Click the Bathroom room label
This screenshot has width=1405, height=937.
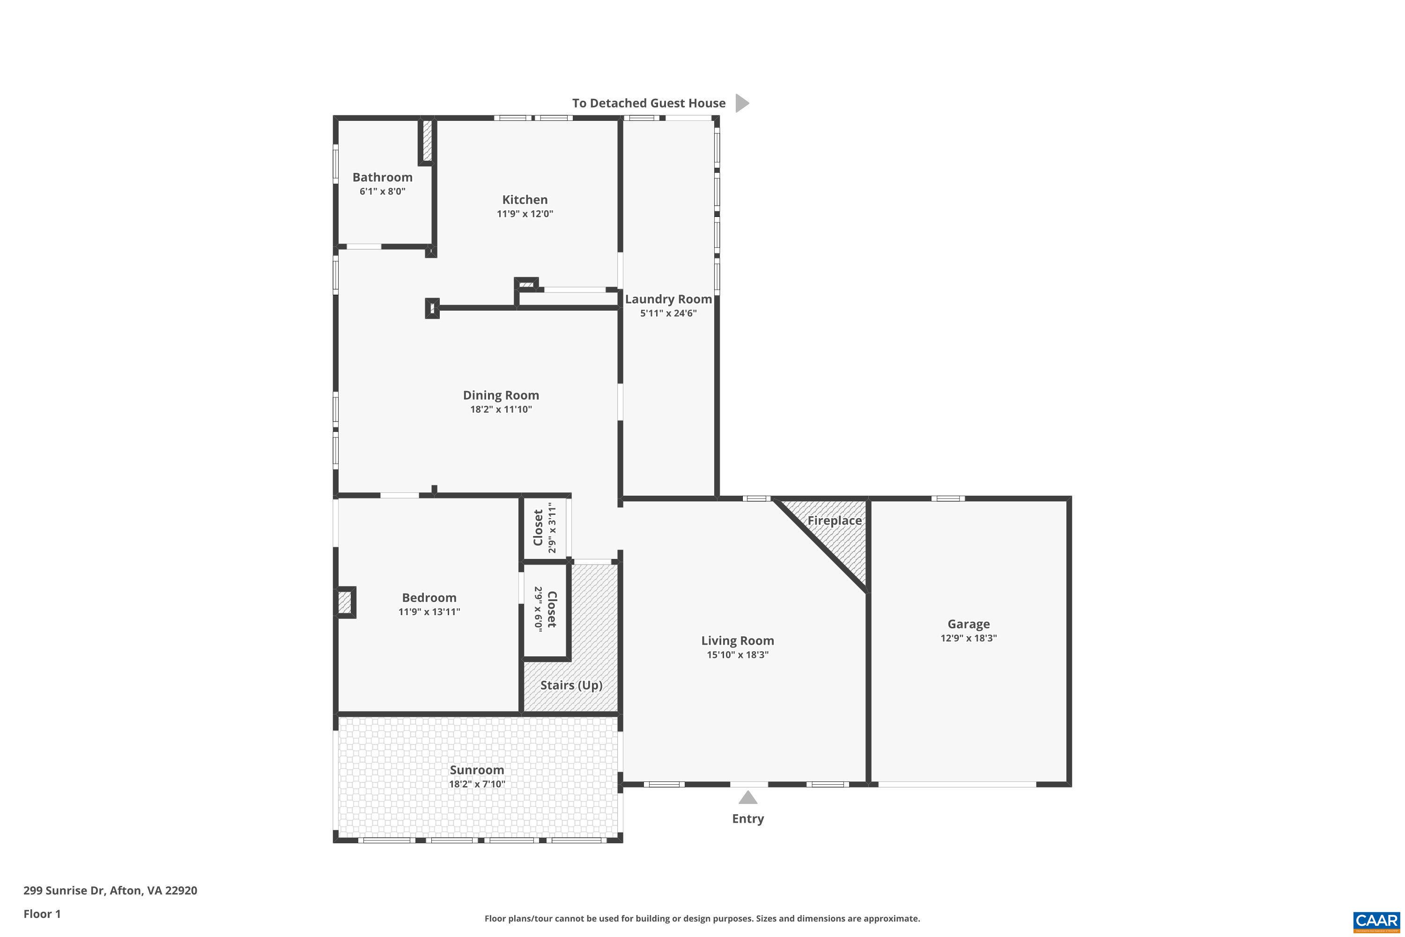click(382, 177)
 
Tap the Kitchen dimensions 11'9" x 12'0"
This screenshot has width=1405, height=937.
click(525, 214)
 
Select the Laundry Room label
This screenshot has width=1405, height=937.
click(668, 299)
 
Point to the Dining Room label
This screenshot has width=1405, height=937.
click(501, 395)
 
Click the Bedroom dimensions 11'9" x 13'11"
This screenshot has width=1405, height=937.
click(429, 612)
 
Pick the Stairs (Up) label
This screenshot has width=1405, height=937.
click(570, 685)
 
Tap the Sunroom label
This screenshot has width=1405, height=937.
click(476, 770)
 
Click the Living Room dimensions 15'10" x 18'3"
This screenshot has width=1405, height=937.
click(737, 654)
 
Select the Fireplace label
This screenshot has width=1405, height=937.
click(834, 521)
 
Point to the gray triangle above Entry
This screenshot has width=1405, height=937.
click(747, 798)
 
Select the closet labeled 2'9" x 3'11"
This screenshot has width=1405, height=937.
click(544, 528)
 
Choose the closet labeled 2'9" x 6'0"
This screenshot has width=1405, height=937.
click(544, 610)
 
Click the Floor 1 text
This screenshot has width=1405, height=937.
click(42, 914)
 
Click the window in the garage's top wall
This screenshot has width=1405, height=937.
click(947, 498)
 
